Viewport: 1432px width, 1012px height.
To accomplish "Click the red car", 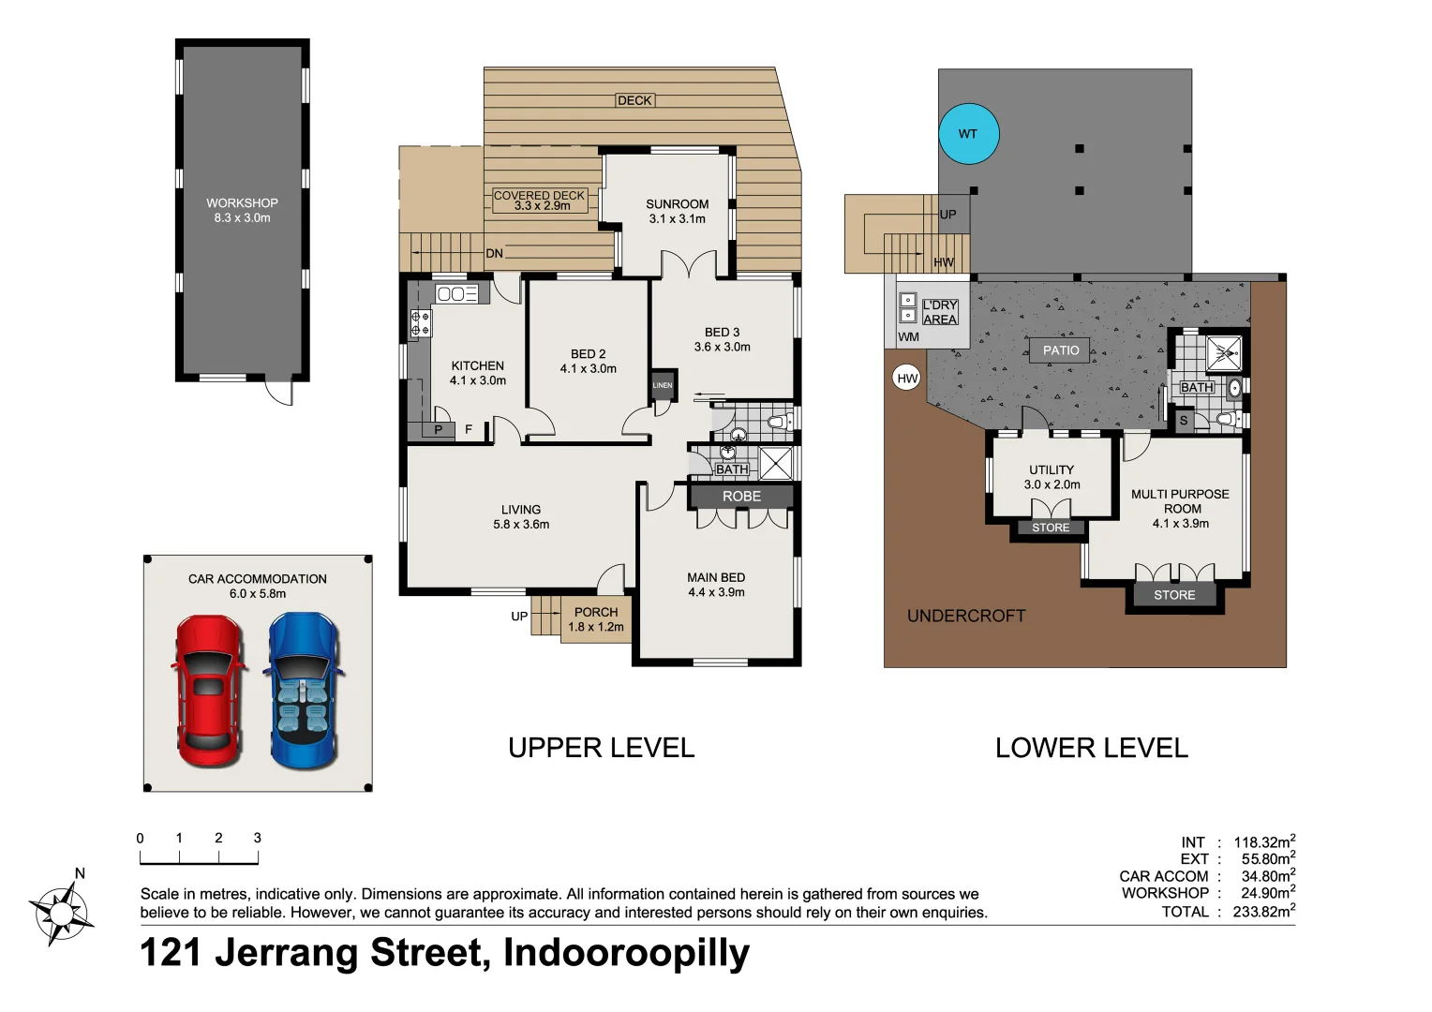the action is pyautogui.click(x=208, y=691).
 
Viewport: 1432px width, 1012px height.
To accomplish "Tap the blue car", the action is pyautogui.click(x=303, y=691).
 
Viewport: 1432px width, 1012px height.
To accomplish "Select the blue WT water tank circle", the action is pyautogui.click(x=968, y=134).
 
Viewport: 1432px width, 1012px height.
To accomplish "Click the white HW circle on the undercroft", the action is pyautogui.click(x=906, y=379).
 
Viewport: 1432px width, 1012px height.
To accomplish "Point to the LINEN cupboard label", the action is pyautogui.click(x=663, y=385).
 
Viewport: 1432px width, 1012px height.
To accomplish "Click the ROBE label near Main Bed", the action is pyautogui.click(x=741, y=496).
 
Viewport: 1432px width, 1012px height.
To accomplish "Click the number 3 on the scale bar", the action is pyautogui.click(x=257, y=838).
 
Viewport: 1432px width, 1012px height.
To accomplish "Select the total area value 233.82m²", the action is pyautogui.click(x=1264, y=911).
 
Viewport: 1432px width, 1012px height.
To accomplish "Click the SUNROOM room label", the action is pyautogui.click(x=677, y=204).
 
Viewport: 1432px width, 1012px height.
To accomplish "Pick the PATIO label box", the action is pyautogui.click(x=1061, y=350).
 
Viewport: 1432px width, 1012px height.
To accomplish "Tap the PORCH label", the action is pyautogui.click(x=596, y=612).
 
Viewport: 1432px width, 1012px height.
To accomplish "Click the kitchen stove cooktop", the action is pyautogui.click(x=420, y=323).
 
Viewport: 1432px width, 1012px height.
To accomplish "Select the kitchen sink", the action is pyautogui.click(x=457, y=293).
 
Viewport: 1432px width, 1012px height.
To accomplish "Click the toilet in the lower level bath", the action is pyautogui.click(x=1226, y=420).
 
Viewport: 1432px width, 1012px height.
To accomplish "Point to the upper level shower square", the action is pyautogui.click(x=776, y=464).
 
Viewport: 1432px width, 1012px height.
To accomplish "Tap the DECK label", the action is pyautogui.click(x=634, y=100).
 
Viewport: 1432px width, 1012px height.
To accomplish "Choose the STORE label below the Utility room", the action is pyautogui.click(x=1051, y=528).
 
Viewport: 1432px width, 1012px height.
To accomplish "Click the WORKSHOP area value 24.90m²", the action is pyautogui.click(x=1268, y=892).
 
